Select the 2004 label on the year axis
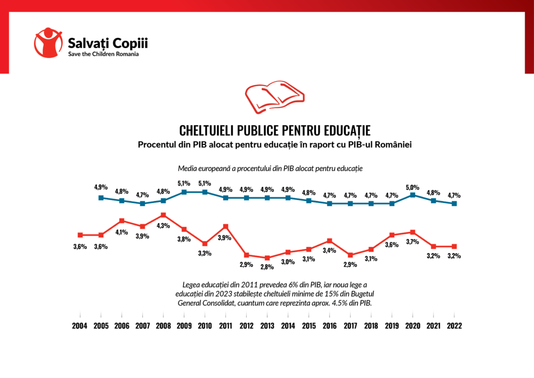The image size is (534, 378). [x=80, y=325]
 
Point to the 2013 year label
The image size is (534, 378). [x=267, y=325]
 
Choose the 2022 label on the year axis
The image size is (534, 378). [x=454, y=325]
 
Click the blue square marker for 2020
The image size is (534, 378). [x=413, y=195]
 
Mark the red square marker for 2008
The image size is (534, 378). [x=163, y=215]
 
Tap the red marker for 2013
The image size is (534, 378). [x=267, y=258]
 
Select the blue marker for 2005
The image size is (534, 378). [x=101, y=197]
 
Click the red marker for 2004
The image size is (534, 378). [x=80, y=235]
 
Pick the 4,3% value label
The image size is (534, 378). [x=163, y=226]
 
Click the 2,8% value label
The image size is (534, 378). [x=267, y=268]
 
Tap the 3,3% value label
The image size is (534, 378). [x=205, y=254]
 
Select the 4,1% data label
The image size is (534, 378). [x=122, y=232]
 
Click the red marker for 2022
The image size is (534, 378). [x=454, y=246]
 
